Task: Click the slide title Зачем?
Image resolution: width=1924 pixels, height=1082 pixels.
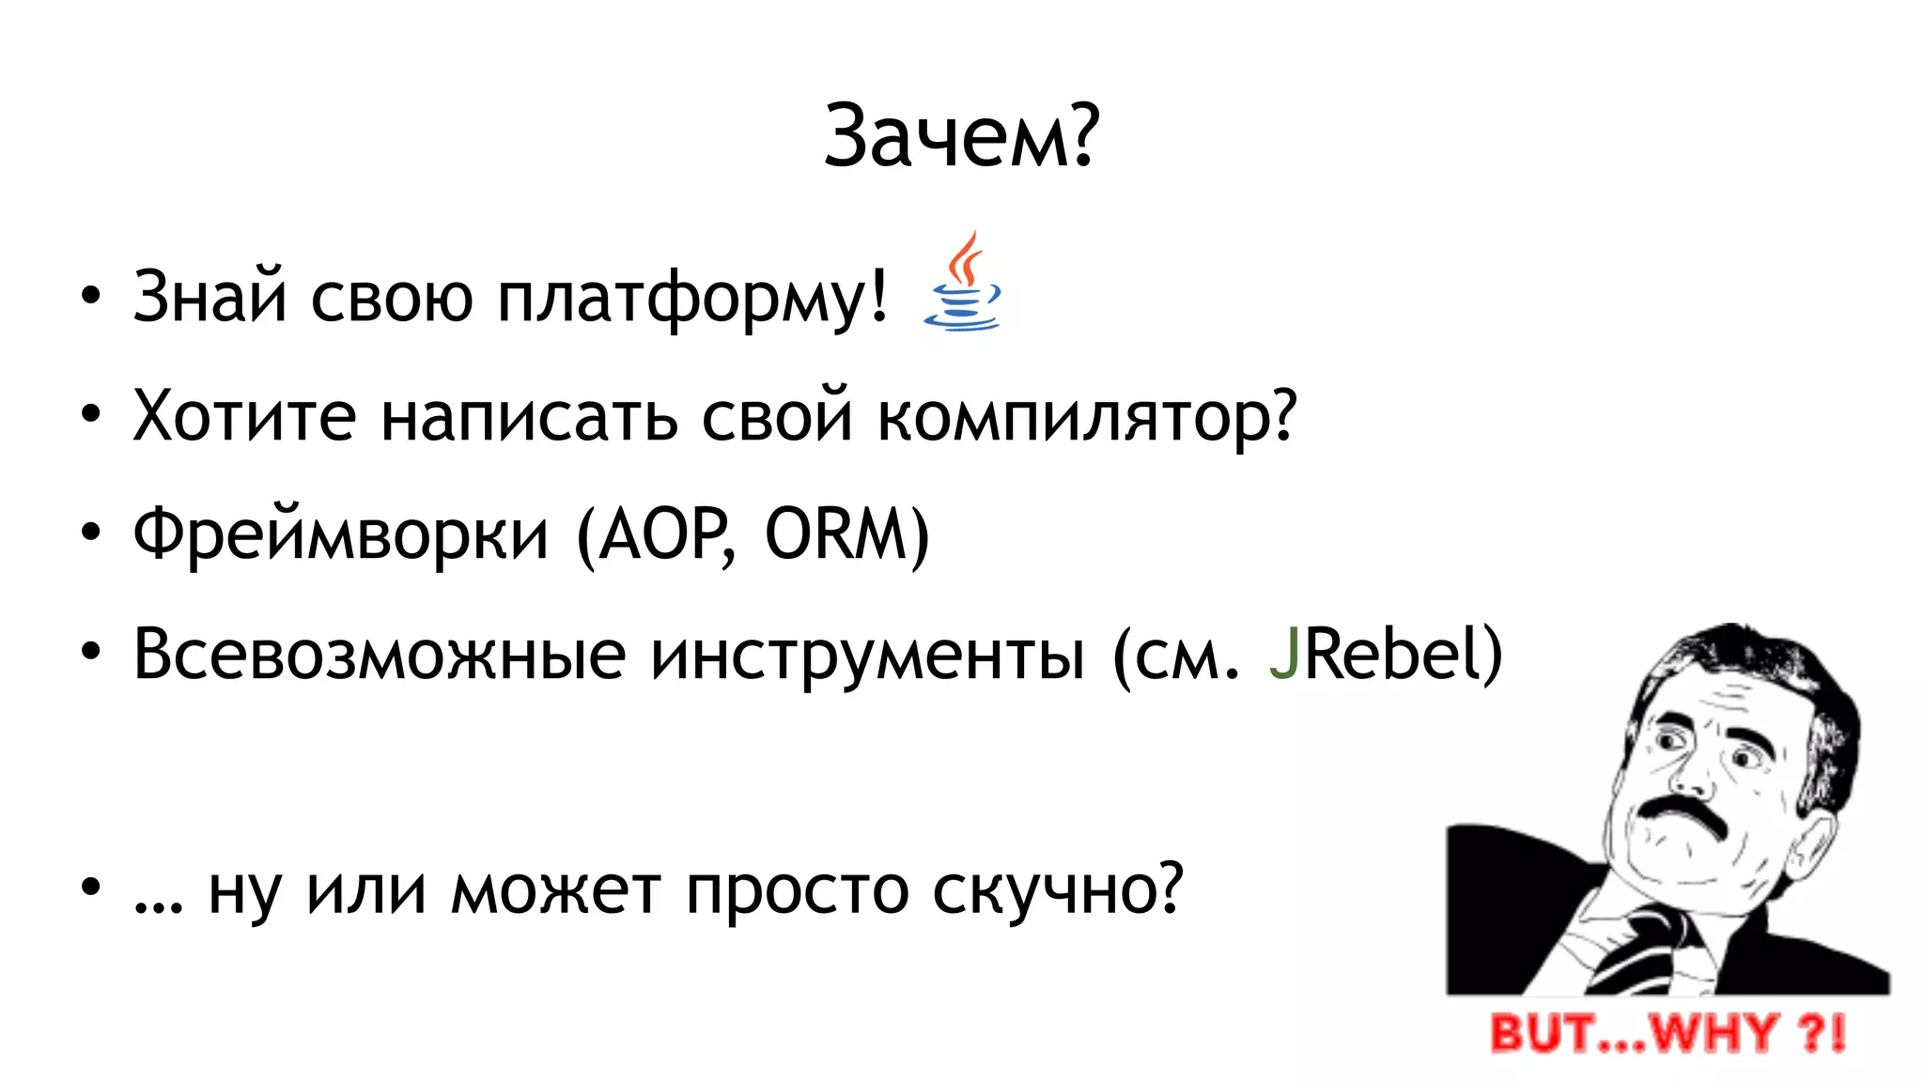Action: pyautogui.click(x=961, y=137)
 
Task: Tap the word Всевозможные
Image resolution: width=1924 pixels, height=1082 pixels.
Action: pyautogui.click(x=380, y=655)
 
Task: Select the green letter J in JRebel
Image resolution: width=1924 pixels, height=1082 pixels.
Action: pyautogui.click(x=1283, y=655)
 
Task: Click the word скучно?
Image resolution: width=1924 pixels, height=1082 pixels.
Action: pyautogui.click(x=1058, y=889)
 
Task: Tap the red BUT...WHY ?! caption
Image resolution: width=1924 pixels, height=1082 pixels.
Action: pyautogui.click(x=1668, y=1033)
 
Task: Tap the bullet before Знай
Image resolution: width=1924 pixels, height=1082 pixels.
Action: pyautogui.click(x=90, y=297)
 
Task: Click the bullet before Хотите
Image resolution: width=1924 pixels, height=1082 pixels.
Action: pyautogui.click(x=90, y=415)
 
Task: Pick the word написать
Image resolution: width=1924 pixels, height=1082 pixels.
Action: pyautogui.click(x=529, y=416)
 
